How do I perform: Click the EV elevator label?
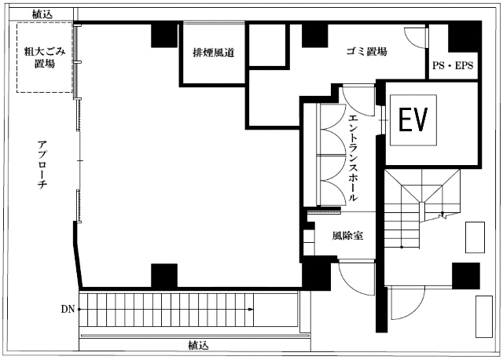(413, 119)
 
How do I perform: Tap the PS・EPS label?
(453, 65)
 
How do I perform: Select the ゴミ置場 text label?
(367, 51)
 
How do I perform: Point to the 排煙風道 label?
(213, 53)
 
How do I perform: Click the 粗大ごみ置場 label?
(44, 57)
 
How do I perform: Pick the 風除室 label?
(347, 236)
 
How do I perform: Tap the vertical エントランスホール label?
(353, 157)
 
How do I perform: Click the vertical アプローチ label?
(42, 164)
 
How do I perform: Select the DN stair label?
(68, 310)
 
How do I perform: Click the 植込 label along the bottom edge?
(198, 346)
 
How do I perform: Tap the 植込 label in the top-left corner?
(42, 14)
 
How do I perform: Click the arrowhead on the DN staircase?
(251, 310)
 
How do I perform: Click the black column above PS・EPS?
(463, 38)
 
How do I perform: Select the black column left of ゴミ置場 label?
(314, 36)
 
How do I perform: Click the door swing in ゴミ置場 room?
(414, 38)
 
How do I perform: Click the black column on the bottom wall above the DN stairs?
(164, 275)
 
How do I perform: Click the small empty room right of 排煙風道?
(267, 45)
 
